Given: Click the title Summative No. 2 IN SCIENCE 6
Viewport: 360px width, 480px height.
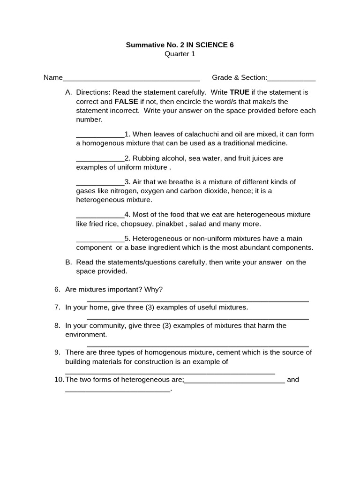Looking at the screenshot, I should [180, 45].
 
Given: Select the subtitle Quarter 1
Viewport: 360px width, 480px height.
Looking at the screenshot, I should [180, 54].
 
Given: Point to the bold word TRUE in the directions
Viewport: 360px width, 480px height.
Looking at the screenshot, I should [240, 92].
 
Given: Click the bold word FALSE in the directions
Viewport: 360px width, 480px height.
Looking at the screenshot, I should [126, 101].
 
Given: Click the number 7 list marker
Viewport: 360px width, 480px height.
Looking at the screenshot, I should [57, 307].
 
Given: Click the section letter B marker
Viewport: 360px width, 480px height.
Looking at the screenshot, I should [68, 262].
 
